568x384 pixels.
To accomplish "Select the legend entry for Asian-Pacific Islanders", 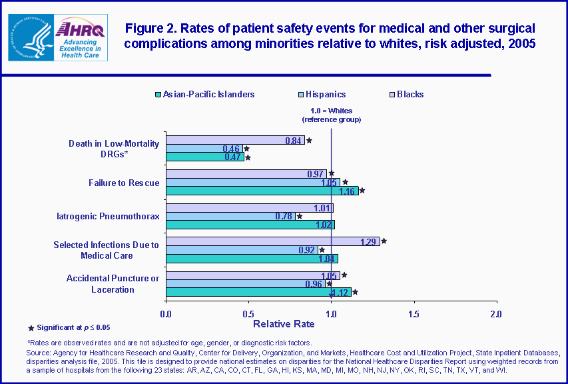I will [x=204, y=95].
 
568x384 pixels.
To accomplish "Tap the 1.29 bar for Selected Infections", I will [x=272, y=241].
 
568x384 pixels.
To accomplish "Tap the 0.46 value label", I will [x=232, y=149].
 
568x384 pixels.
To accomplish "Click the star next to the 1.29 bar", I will [x=384, y=241].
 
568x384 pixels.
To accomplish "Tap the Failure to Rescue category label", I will [x=124, y=183].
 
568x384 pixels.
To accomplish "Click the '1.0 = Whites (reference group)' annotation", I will [x=331, y=115].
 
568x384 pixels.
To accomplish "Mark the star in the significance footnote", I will [x=31, y=327].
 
